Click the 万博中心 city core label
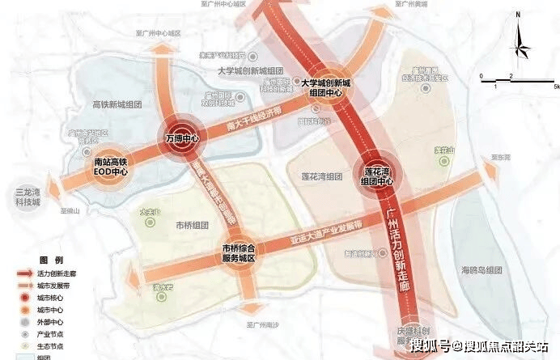pos(181,138)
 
